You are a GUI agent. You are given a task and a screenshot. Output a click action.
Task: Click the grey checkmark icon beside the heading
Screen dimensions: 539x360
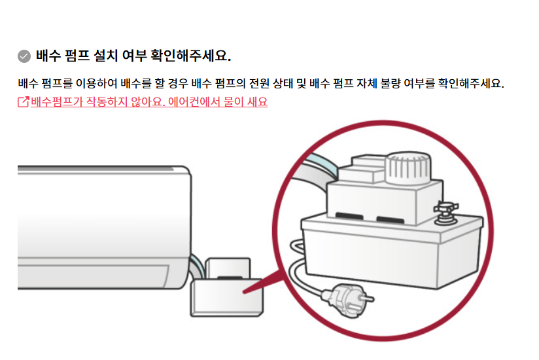coord(24,55)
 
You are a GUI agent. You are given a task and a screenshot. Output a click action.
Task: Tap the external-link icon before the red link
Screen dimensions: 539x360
coord(24,102)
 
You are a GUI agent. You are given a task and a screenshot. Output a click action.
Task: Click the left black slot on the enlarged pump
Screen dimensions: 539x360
coord(350,216)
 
